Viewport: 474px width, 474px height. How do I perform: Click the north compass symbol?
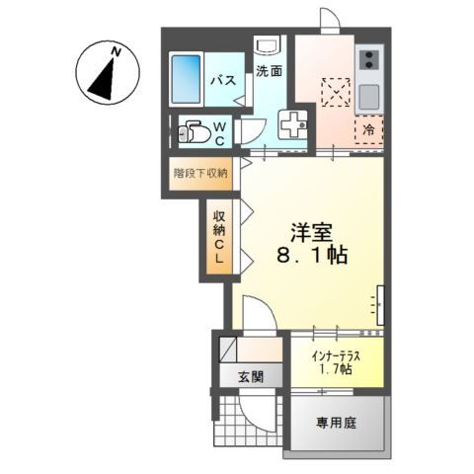pos(104,74)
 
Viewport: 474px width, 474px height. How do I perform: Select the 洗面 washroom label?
pos(270,71)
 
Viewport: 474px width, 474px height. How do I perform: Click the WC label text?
pos(221,132)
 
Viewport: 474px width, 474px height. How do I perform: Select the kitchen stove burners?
pos(367,63)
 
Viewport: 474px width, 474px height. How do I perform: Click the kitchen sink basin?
pos(367,97)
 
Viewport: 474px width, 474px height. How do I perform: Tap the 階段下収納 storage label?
pos(201,172)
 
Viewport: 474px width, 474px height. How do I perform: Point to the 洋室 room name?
pos(310,233)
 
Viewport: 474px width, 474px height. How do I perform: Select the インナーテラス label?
pos(335,355)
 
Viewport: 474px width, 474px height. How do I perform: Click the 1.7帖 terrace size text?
pos(335,369)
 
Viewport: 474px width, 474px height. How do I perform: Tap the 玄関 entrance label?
pos(251,375)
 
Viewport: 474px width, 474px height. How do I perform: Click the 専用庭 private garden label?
pos(336,422)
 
